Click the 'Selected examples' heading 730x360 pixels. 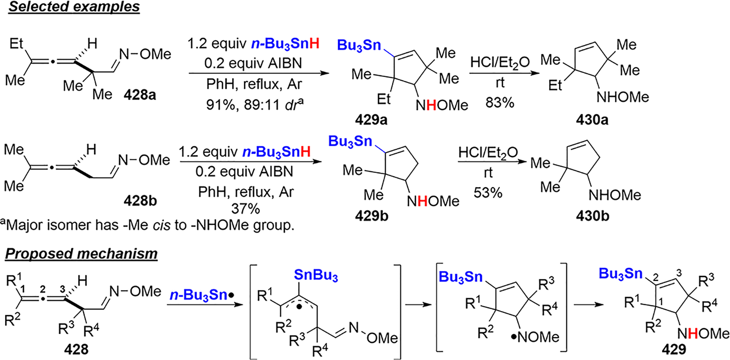click(x=74, y=7)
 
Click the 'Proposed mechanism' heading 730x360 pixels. click(x=81, y=254)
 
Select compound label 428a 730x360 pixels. click(x=140, y=95)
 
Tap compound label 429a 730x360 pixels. click(x=371, y=120)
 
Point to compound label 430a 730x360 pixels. click(x=592, y=120)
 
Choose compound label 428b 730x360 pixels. click(x=140, y=201)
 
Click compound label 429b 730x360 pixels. click(x=371, y=216)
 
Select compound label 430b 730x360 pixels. click(x=592, y=216)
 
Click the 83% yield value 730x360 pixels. click(x=500, y=103)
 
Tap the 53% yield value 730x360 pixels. click(x=488, y=193)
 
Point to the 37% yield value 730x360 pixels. click(x=245, y=209)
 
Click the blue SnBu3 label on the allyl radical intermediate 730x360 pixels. click(x=316, y=275)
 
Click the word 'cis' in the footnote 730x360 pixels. click(x=162, y=225)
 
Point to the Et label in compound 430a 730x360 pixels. click(x=555, y=85)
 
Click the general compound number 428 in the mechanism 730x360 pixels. click(x=76, y=349)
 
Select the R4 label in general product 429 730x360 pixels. click(x=709, y=305)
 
